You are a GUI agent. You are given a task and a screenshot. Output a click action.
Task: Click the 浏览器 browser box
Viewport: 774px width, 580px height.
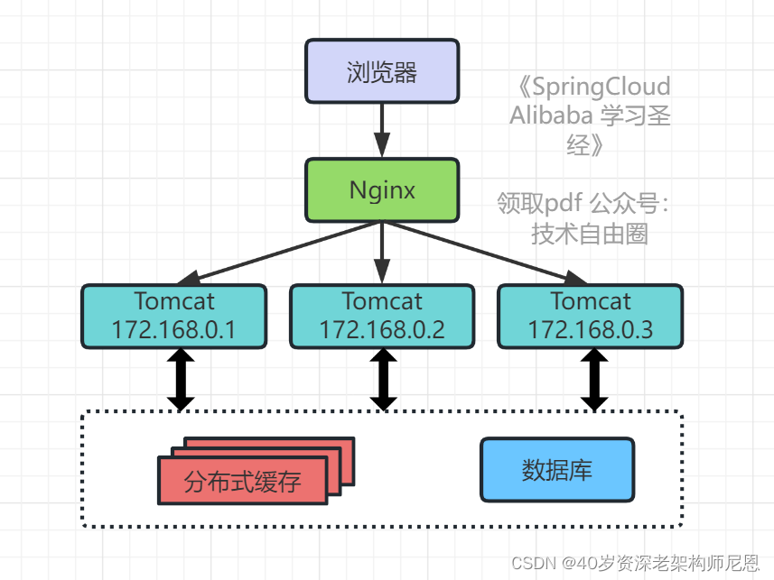click(x=382, y=71)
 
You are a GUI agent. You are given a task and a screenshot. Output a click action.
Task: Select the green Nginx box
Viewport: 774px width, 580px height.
click(x=382, y=190)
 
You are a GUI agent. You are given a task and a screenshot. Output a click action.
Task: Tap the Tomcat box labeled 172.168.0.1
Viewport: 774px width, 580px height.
click(x=173, y=317)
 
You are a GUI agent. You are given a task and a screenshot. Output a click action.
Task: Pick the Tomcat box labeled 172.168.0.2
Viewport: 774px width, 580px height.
click(x=382, y=317)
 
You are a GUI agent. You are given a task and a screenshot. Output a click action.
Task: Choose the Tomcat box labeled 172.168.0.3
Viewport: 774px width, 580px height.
click(x=590, y=317)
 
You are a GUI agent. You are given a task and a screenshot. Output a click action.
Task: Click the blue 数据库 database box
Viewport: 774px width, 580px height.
click(x=556, y=469)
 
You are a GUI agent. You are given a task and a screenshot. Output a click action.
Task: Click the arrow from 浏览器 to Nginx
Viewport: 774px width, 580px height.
click(x=382, y=130)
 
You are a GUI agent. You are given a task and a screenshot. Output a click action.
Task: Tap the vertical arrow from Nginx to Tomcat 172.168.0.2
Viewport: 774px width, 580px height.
click(x=382, y=253)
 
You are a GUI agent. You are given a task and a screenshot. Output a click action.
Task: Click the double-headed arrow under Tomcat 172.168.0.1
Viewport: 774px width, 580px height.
click(x=181, y=380)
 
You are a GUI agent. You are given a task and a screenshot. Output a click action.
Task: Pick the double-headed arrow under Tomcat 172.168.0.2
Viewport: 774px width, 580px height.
click(x=383, y=380)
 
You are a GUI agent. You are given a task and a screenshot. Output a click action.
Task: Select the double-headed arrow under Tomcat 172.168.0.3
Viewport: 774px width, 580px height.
click(x=593, y=380)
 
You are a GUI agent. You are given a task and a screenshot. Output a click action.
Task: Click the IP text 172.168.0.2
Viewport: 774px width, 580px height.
click(x=382, y=329)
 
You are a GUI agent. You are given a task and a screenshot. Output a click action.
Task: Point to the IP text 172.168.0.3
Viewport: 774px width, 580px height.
click(x=590, y=329)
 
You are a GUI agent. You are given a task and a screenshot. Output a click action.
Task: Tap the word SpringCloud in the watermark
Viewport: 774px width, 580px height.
click(x=601, y=87)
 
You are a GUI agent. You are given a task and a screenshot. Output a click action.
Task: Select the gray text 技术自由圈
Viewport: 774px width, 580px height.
click(x=590, y=234)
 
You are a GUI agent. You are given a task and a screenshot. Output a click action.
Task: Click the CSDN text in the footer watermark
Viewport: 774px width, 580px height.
click(x=533, y=564)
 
